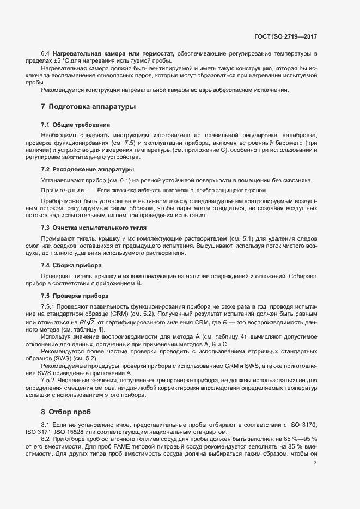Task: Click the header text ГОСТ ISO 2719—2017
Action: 285,36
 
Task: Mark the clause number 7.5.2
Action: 50,380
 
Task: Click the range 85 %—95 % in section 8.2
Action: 298,439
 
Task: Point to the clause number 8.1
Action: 46,424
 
